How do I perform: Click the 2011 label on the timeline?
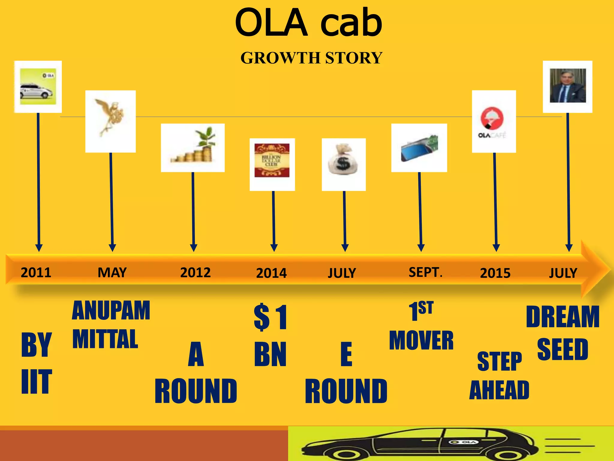coord(36,273)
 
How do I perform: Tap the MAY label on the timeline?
coord(112,273)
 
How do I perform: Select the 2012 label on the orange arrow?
coord(195,273)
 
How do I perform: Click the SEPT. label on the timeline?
coord(425,272)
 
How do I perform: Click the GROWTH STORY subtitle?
coord(311,58)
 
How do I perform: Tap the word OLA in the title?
coord(271,23)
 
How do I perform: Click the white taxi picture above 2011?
coord(38,86)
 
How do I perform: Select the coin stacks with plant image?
coord(193,147)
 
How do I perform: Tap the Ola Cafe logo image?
coord(493,122)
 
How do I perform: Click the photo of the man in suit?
coord(568,86)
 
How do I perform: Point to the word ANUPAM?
coord(111,311)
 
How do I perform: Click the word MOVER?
coord(421,340)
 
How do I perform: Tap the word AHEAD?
coord(499,390)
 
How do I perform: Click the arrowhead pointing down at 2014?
coord(274,248)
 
